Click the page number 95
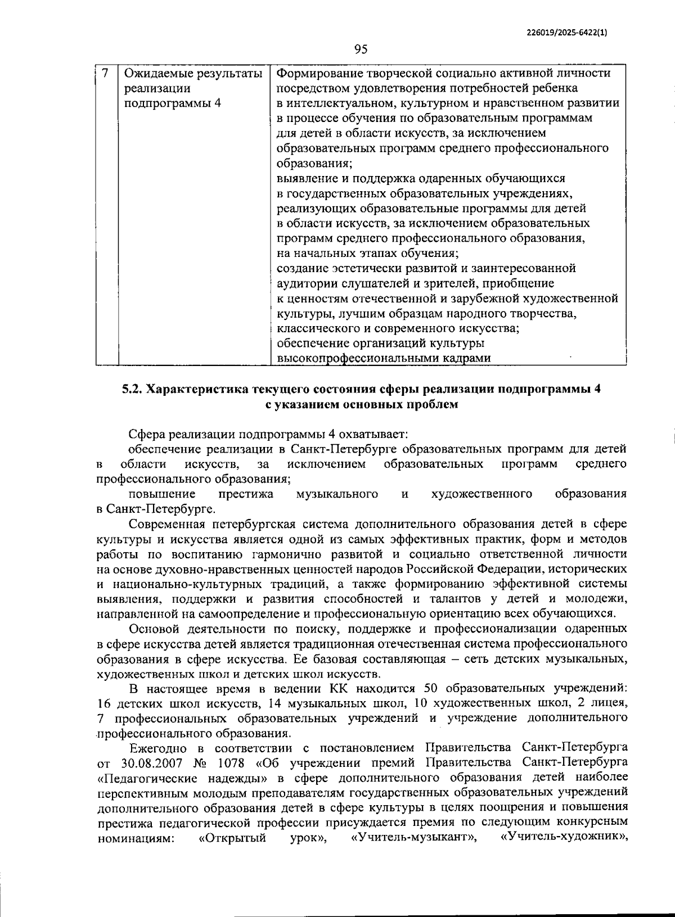(361, 49)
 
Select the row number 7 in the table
(105, 73)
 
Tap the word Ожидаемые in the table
(153, 74)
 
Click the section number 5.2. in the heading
(133, 390)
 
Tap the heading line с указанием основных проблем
(361, 404)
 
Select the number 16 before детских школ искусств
(105, 703)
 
